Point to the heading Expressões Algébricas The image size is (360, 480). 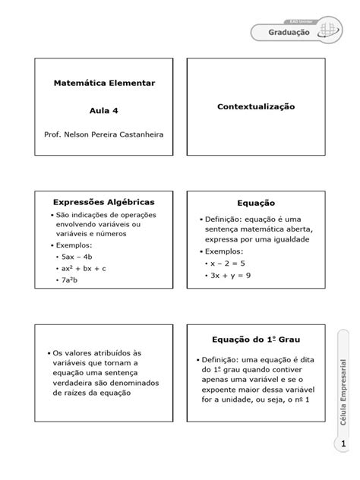click(103, 202)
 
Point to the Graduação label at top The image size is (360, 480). click(289, 31)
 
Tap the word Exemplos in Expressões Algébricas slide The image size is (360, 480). click(73, 246)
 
